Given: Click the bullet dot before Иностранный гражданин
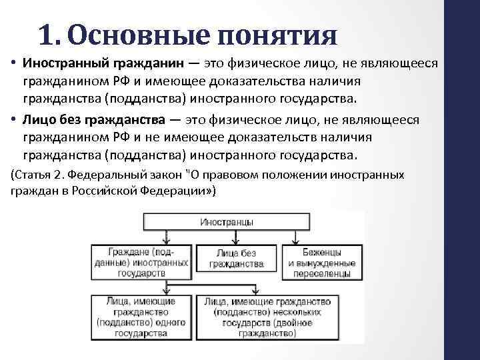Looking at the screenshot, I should tap(14, 63).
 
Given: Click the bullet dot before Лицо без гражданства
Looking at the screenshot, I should tap(14, 120).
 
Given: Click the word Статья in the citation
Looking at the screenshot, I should tap(35, 175).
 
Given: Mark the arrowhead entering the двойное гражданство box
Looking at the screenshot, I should tap(257, 291).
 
